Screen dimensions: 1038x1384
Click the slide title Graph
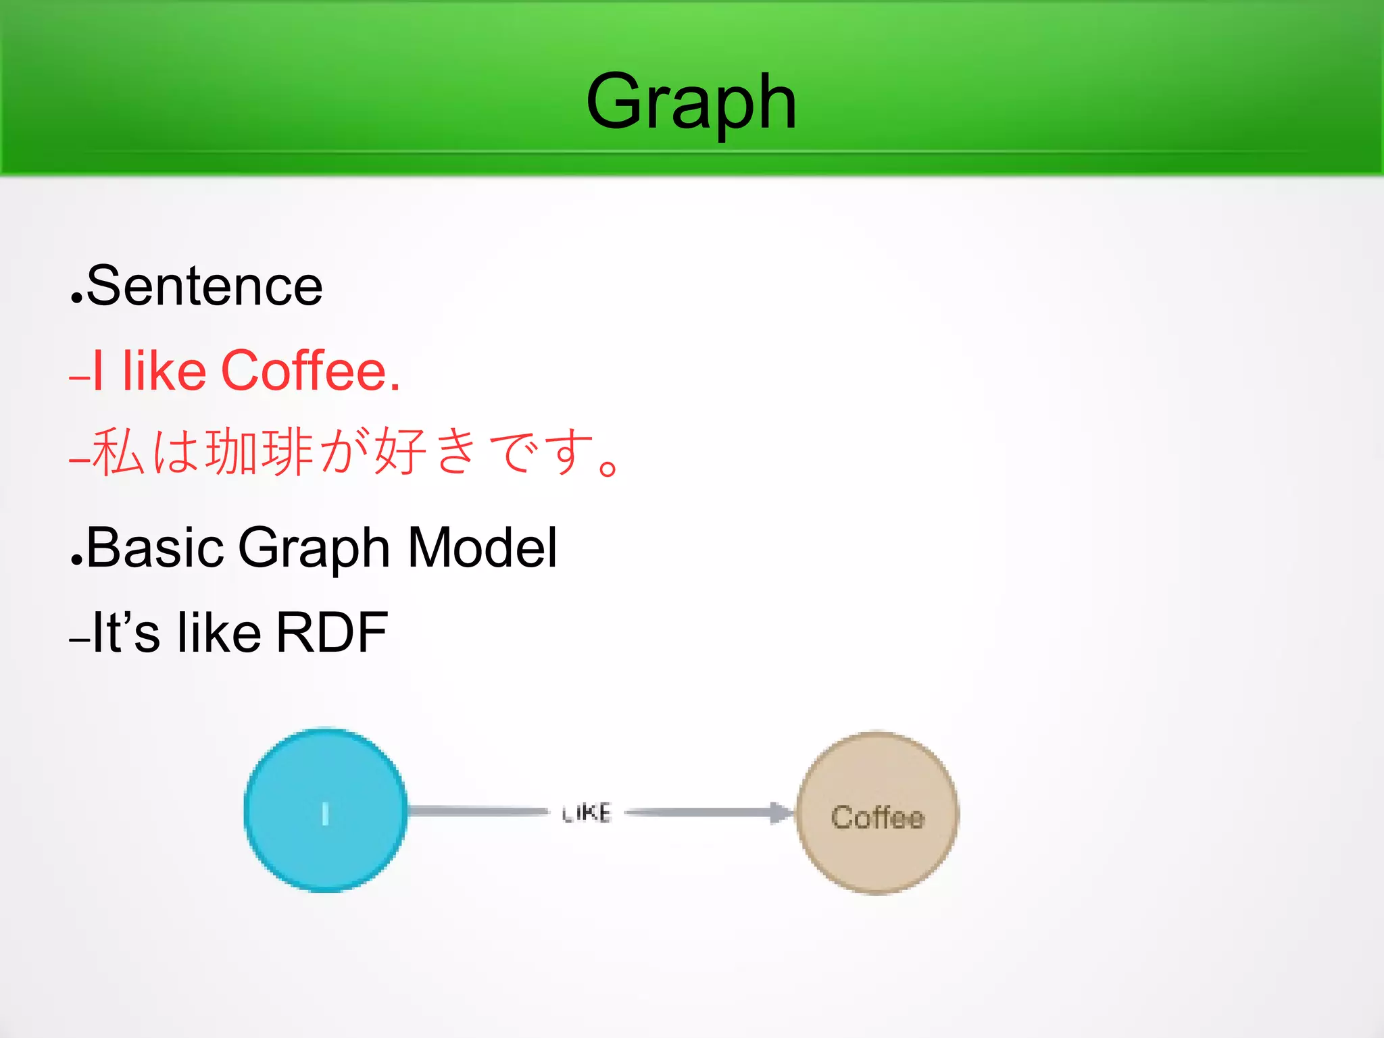point(691,103)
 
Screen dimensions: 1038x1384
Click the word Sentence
point(205,286)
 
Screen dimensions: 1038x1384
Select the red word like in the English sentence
point(164,371)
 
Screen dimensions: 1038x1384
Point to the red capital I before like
point(99,371)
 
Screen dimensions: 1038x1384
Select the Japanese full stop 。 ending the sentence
point(608,467)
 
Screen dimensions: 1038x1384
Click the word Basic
point(155,548)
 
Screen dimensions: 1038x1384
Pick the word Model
point(483,548)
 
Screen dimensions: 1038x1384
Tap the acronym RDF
point(332,633)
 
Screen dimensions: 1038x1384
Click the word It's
point(126,633)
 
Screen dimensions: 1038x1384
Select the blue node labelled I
point(326,810)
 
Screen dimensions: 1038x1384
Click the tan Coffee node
point(877,813)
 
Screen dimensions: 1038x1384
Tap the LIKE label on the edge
point(587,812)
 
